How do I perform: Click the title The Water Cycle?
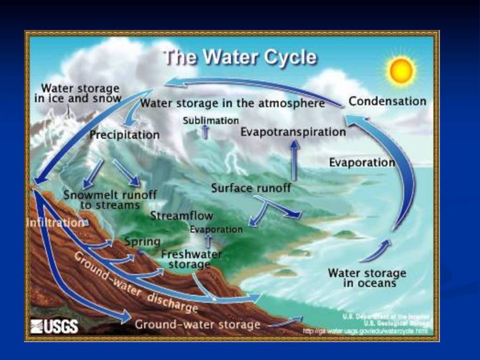[x=239, y=57]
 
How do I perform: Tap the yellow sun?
[x=402, y=70]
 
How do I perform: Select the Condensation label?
[x=387, y=101]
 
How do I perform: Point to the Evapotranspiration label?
[x=293, y=132]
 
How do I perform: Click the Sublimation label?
[x=211, y=121]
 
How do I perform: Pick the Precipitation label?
[x=124, y=135]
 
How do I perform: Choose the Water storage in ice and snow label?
[x=81, y=93]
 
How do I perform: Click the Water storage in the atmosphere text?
[x=233, y=103]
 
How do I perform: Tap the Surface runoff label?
[x=251, y=188]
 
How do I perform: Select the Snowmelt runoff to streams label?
[x=110, y=199]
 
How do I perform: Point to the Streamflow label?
[x=181, y=216]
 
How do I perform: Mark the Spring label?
[x=142, y=242]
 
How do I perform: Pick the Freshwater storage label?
[x=191, y=259]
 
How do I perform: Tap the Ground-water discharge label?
[x=135, y=283]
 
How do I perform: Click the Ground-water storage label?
[x=197, y=324]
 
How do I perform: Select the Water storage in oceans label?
[x=367, y=278]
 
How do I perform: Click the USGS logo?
[x=54, y=326]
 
